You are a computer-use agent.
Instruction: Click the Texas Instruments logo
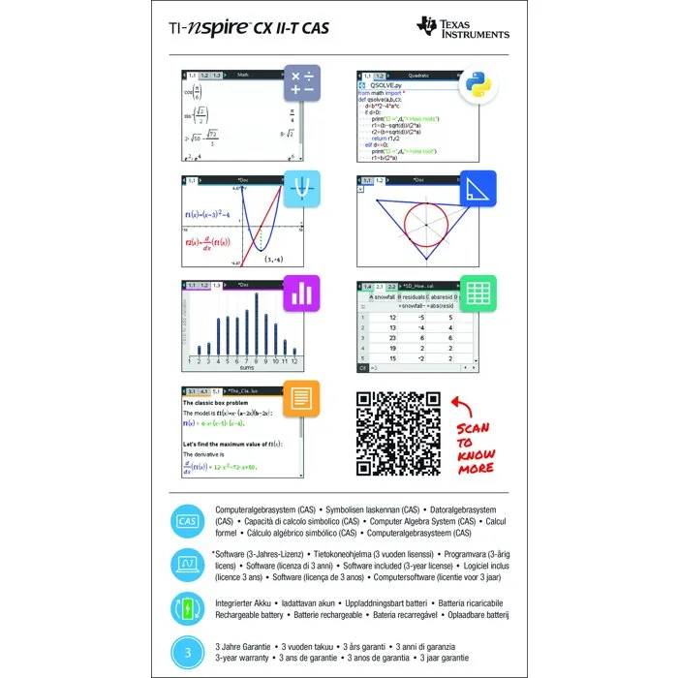point(462,28)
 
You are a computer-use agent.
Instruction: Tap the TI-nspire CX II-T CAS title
point(249,28)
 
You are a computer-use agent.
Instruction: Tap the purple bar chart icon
point(301,293)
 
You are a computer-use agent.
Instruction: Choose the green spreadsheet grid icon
point(478,293)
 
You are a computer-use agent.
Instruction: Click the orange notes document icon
point(301,398)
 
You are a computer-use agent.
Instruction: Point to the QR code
point(398,433)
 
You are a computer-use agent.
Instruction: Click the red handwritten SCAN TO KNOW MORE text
point(475,447)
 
